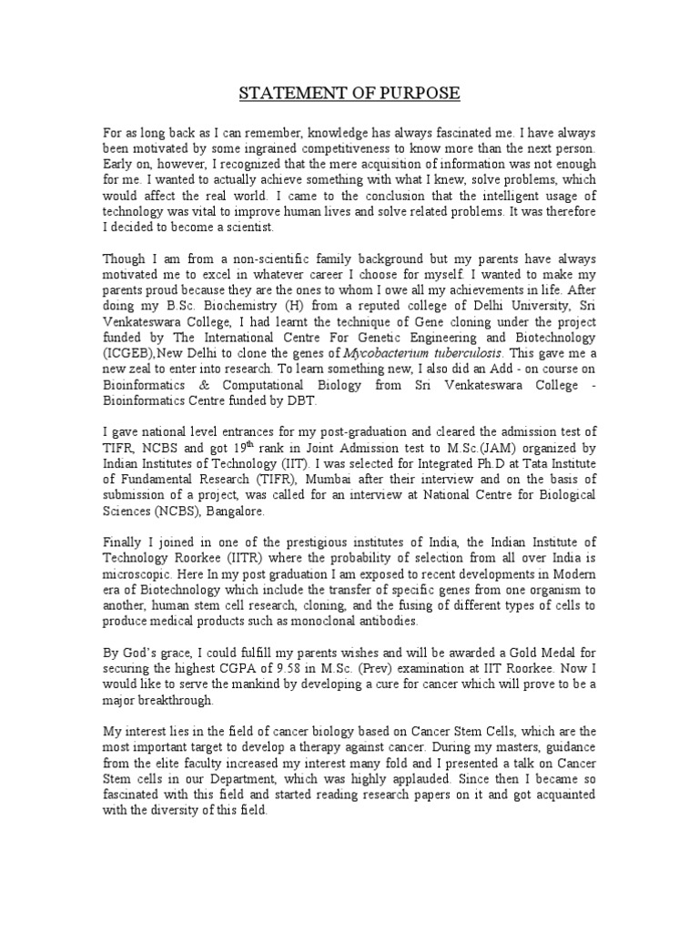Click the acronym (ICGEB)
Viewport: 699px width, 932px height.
coord(131,353)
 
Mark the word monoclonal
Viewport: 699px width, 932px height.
coord(329,622)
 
